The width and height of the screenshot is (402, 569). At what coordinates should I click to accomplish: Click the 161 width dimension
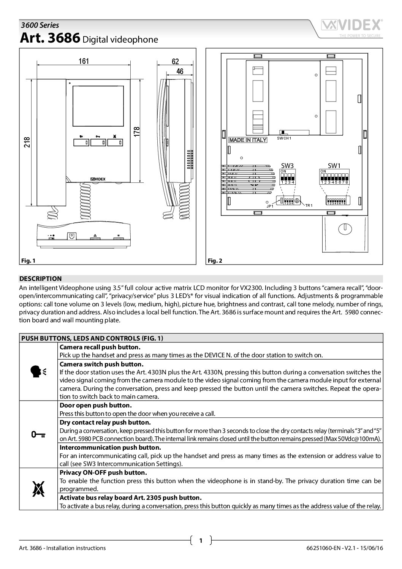click(84, 61)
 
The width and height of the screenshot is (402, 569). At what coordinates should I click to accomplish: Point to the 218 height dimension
click(28, 143)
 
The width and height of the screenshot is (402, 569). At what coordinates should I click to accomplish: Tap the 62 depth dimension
click(175, 62)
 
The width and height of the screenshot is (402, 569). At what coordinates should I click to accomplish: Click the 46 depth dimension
click(180, 71)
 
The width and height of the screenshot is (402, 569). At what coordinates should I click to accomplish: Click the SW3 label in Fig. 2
click(288, 165)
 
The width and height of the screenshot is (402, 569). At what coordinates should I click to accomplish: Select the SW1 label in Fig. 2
click(335, 165)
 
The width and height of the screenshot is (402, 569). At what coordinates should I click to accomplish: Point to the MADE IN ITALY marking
click(248, 140)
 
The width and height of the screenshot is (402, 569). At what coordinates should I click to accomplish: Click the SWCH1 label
click(284, 138)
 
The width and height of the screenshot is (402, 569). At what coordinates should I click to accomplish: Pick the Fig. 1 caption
click(28, 260)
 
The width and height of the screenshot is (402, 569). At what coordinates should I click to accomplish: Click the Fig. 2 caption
click(215, 260)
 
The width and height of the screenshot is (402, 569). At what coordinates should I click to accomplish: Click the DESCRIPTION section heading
click(41, 279)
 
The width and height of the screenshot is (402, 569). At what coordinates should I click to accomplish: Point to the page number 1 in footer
click(201, 540)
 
